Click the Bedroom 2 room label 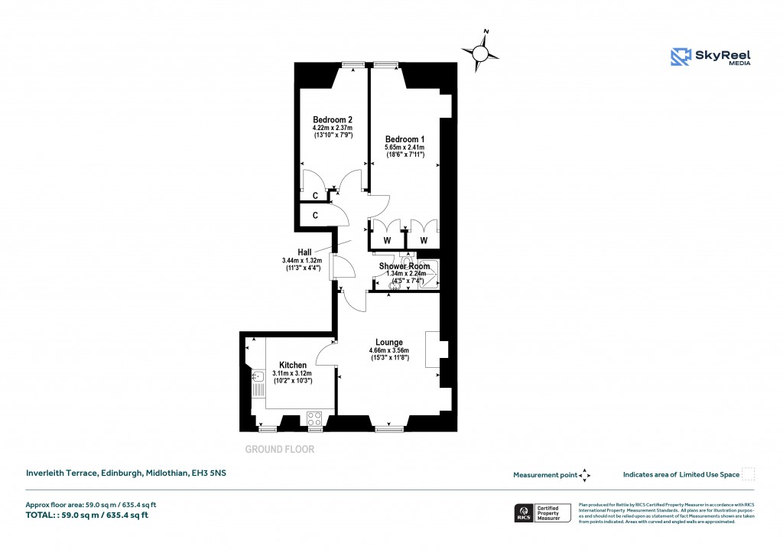333,119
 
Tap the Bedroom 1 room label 404,138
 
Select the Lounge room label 388,342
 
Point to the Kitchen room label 292,365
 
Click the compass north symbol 483,54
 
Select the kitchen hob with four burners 314,418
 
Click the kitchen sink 258,376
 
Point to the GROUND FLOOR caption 279,450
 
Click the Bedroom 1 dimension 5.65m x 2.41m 404,148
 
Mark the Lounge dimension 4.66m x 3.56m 388,351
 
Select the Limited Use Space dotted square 749,474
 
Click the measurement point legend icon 585,475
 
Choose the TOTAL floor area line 87,515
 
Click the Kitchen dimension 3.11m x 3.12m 292,373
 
